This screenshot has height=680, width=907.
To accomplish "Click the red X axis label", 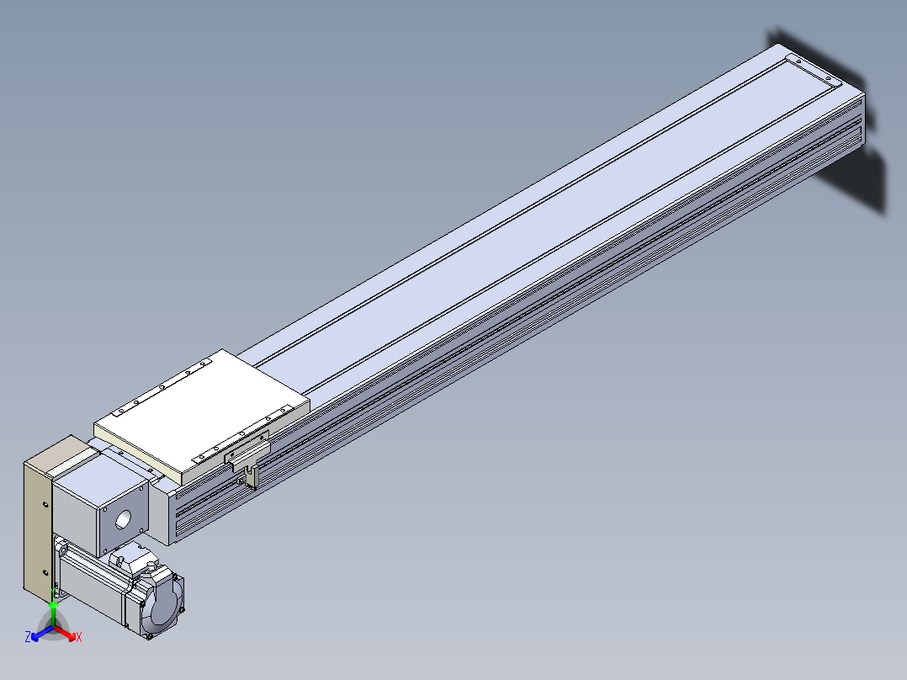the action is pyautogui.click(x=79, y=637).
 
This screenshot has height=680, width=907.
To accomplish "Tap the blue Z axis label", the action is pyautogui.click(x=28, y=637).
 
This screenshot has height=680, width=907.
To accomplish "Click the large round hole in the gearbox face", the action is pyautogui.click(x=123, y=520).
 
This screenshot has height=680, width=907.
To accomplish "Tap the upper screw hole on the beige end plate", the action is pyautogui.click(x=45, y=505).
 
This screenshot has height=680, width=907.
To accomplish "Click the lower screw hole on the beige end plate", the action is pyautogui.click(x=45, y=573).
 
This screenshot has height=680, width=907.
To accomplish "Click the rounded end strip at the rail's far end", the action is pyautogui.click(x=814, y=70).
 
